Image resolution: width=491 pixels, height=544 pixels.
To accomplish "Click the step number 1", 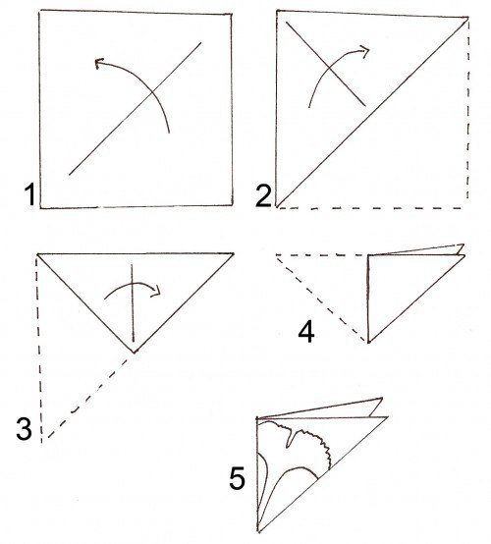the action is [29, 195].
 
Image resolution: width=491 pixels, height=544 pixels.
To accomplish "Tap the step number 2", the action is [264, 196].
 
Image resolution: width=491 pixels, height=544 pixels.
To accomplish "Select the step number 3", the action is [25, 429].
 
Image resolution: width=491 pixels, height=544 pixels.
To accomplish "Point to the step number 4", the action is [306, 332].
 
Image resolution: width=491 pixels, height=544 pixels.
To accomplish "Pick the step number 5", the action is [238, 478].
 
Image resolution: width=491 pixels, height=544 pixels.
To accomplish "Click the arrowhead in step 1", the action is [99, 63].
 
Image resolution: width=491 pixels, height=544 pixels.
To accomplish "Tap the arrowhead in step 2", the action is [364, 50].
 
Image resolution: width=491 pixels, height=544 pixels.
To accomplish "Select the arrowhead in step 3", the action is [156, 291].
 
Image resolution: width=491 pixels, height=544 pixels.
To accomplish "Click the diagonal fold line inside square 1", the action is [136, 109].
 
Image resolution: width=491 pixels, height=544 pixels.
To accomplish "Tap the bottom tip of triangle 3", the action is [134, 353].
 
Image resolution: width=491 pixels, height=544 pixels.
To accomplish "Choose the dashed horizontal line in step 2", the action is [370, 208].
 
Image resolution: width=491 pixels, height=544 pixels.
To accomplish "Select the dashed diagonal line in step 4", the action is [322, 299].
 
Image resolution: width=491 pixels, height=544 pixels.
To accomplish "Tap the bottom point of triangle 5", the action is [258, 531].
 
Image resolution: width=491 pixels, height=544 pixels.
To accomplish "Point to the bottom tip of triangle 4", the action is [368, 342].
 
